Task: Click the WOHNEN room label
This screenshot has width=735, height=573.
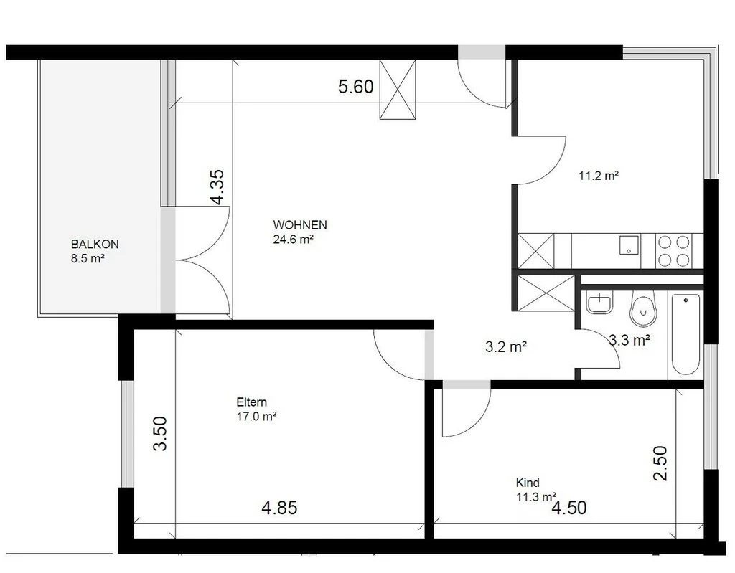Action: [299, 224]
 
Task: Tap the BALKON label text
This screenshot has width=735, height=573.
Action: [95, 244]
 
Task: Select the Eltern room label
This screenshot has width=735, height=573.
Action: [251, 402]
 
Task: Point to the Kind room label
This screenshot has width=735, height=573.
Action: [528, 483]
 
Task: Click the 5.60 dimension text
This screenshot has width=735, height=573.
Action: [356, 87]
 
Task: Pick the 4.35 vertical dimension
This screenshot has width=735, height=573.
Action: [217, 187]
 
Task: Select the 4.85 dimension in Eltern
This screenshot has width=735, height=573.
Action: [279, 508]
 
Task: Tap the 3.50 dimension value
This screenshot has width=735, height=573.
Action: [160, 434]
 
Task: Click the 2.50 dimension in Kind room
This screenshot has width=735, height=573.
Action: [660, 463]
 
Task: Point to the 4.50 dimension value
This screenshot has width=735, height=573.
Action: [569, 508]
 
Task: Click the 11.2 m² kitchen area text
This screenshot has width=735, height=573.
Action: [599, 175]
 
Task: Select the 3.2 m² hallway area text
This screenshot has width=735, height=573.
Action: [506, 348]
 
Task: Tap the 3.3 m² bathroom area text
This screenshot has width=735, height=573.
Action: [629, 341]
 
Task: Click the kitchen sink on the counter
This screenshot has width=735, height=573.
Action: [629, 246]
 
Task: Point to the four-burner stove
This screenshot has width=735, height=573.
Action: [675, 251]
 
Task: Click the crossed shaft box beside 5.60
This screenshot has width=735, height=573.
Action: [398, 89]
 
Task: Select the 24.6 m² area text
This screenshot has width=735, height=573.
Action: [293, 240]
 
